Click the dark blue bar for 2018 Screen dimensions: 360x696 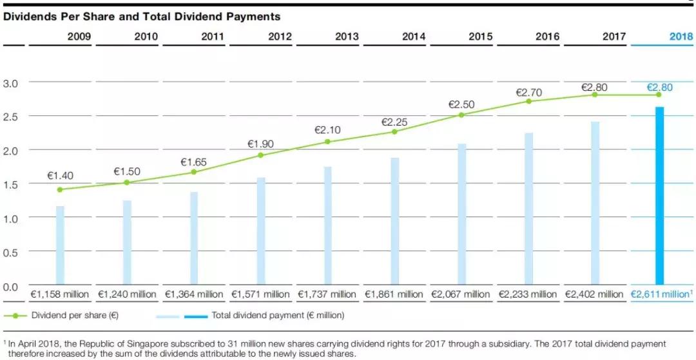pos(659,196)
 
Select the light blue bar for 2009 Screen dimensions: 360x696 pos(60,245)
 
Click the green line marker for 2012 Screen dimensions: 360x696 pos(261,155)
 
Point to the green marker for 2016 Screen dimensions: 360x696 pos(528,101)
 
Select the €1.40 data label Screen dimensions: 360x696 pos(60,176)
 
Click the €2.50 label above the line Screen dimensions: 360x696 pos(461,104)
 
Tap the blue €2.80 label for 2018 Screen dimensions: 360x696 pos(661,87)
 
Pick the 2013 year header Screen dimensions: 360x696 pos(347,37)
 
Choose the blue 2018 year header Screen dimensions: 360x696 pos(681,37)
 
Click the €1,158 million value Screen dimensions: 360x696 pos(60,294)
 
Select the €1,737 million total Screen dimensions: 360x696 pos(327,294)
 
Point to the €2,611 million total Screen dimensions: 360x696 pos(661,294)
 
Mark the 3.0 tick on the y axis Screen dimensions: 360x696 pos(12,83)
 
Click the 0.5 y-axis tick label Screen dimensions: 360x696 pos(12,252)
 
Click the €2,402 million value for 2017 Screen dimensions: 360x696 pos(594,294)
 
